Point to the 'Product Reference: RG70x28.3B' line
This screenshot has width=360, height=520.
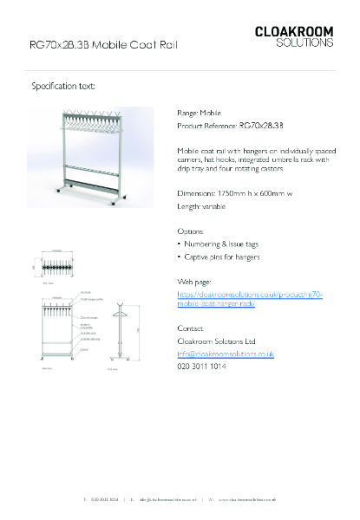230,126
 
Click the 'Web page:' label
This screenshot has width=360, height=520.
194,283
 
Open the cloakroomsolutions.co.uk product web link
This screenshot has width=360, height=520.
250,300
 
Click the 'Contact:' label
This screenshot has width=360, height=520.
191,329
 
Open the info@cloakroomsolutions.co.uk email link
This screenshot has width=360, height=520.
226,354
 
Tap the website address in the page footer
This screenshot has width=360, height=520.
246,499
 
